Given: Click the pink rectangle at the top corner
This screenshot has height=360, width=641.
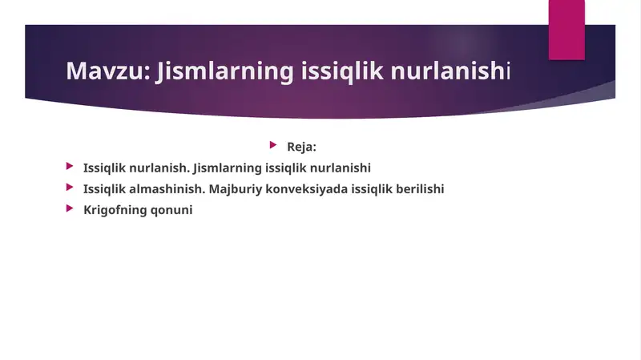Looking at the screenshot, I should [x=566, y=29].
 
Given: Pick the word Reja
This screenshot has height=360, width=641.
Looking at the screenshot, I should [x=301, y=147].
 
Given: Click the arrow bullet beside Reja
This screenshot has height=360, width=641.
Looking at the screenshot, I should [x=273, y=146].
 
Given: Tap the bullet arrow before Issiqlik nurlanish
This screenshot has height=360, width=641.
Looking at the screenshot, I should [x=70, y=168].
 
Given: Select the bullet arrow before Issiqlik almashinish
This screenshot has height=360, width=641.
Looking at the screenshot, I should [x=70, y=188].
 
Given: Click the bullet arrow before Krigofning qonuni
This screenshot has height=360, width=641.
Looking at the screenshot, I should [x=70, y=209].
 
